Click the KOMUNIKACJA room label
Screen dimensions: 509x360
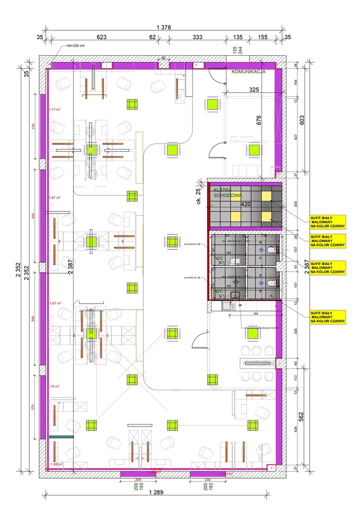coord(249,72)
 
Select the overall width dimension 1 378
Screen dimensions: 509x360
coord(163,28)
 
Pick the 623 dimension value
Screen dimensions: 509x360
coord(101,37)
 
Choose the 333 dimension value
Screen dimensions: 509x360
coord(197,37)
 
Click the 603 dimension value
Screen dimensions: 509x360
coord(301,120)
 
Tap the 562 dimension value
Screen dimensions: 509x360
coord(301,416)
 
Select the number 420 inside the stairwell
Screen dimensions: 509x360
coord(245,203)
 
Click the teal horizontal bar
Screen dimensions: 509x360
coord(61,437)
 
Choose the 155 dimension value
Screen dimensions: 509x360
coord(263,37)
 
